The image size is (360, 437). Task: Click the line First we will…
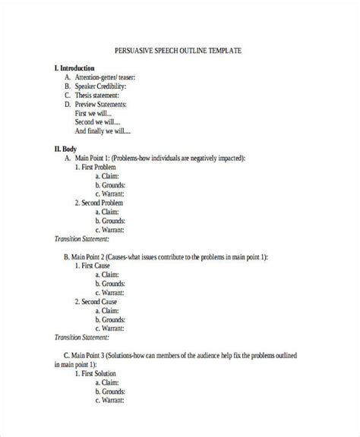[95, 112]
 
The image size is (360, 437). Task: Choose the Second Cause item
[101, 301]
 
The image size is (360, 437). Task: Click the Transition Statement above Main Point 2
[81, 238]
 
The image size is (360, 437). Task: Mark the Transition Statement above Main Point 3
[81, 337]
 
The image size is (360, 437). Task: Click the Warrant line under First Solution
[111, 401]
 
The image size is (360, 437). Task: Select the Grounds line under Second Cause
[111, 320]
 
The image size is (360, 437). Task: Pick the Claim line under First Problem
[109, 175]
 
